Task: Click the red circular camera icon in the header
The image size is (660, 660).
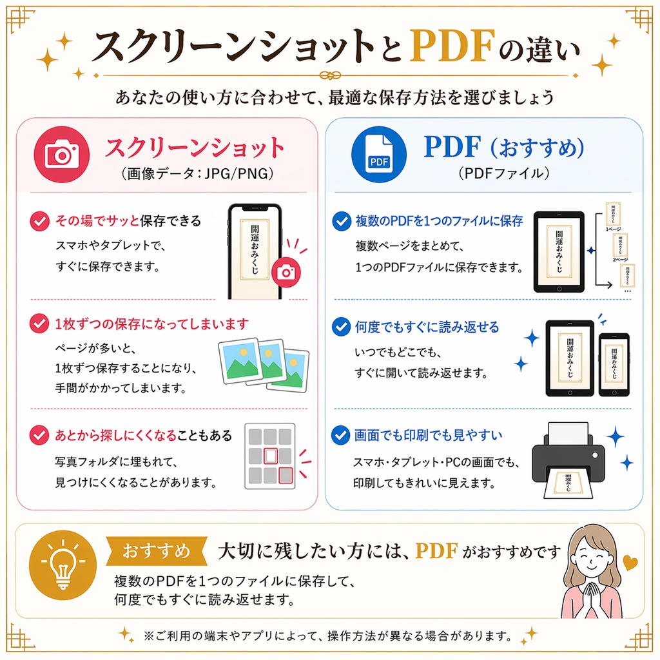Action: (61, 153)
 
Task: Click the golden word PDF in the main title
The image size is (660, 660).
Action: (456, 46)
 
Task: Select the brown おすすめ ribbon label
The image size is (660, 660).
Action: (157, 551)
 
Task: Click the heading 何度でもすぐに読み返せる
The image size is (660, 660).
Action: (427, 327)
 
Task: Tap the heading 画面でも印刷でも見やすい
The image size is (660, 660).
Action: (428, 436)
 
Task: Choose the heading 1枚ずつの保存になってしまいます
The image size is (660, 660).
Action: (151, 324)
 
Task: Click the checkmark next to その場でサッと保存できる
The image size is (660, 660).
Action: (40, 222)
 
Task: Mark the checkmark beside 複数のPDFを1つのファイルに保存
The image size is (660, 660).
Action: (340, 222)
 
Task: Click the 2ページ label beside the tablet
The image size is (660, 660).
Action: (620, 258)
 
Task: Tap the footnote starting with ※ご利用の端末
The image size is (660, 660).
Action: (329, 636)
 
